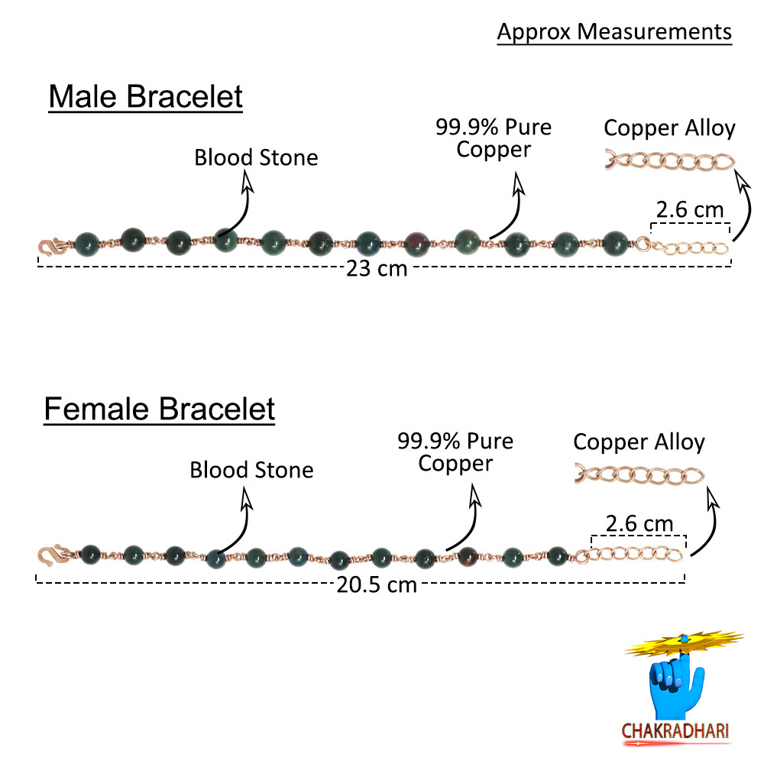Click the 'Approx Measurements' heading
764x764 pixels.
pos(614,32)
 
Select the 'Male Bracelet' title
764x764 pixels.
pos(145,98)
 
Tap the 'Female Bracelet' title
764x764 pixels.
pos(159,410)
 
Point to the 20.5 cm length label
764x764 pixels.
pos(377,585)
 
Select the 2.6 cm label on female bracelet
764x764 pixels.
pos(639,524)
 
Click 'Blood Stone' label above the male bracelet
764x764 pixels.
pos(256,158)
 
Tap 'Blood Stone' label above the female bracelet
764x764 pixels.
pos(251,470)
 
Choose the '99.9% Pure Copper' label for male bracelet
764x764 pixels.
pos(494,138)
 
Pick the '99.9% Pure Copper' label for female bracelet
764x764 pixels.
pos(455,452)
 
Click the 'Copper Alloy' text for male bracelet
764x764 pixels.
pos(669,128)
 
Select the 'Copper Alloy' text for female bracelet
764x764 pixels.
pos(639,442)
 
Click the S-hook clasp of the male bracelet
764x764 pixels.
pos(50,246)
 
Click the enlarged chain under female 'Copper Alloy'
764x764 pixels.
pos(639,475)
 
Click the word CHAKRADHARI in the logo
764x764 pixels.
pos(675,731)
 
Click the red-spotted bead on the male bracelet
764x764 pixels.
pos(417,243)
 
